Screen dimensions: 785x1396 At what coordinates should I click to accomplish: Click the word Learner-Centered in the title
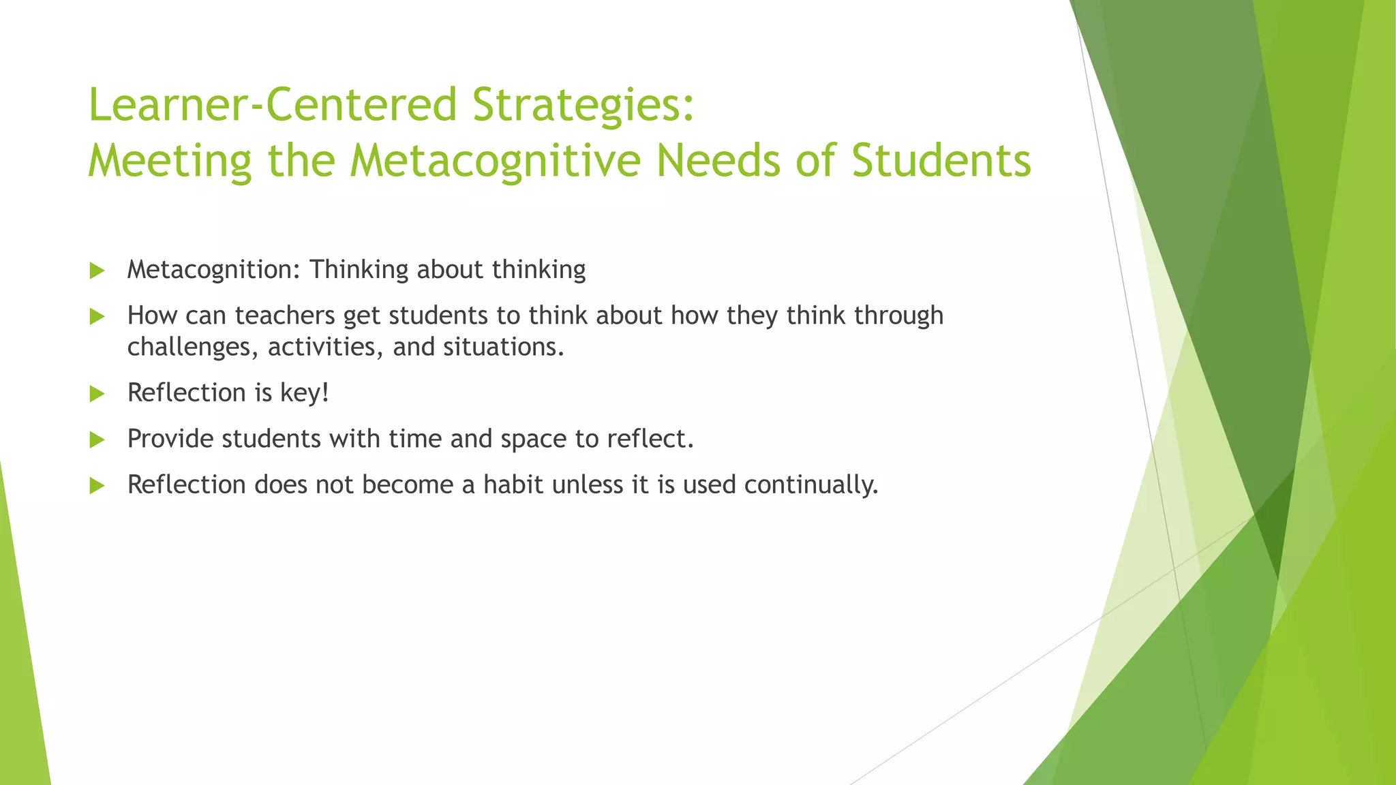coord(273,105)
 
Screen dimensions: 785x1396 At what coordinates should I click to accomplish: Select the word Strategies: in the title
coord(583,106)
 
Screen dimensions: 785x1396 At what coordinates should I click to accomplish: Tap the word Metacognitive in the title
coord(496,161)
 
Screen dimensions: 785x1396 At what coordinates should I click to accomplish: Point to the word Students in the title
coord(941,161)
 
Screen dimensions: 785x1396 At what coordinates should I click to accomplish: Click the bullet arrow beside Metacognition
coord(97,271)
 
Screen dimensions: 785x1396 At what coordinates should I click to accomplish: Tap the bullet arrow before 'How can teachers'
coord(97,316)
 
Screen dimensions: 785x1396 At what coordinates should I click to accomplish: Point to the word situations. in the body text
coord(504,347)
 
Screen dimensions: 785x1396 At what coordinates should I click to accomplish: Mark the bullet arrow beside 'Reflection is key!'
coord(97,394)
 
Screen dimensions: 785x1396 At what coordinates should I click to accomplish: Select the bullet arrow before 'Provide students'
coord(97,440)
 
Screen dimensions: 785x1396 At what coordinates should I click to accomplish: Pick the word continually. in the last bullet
coord(811,485)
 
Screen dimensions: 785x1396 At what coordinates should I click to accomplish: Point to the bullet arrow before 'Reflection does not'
coord(97,485)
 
